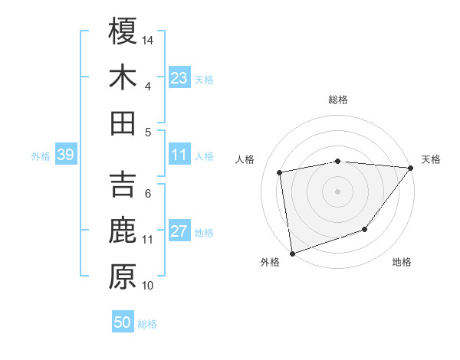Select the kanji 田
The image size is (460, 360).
[x=123, y=123]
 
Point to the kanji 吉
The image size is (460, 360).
[x=123, y=185]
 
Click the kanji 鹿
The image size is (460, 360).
[x=123, y=231]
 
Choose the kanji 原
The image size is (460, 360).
[x=123, y=277]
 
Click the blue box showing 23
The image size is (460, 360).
[x=179, y=77]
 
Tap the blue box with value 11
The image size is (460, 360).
[x=179, y=155]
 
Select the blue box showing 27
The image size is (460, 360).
[x=179, y=232]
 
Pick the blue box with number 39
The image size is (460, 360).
[x=65, y=155]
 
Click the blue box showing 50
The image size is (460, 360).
[x=123, y=322]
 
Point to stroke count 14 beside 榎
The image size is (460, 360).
[x=148, y=39]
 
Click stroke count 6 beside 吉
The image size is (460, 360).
[x=148, y=193]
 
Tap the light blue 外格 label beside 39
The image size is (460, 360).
[x=41, y=156]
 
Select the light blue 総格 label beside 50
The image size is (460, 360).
[x=147, y=324]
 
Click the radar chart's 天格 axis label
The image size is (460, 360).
[x=431, y=159]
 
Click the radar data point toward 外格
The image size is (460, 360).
[x=292, y=254]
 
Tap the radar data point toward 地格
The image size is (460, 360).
[x=366, y=229]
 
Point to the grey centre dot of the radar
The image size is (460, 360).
[x=337, y=191]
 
